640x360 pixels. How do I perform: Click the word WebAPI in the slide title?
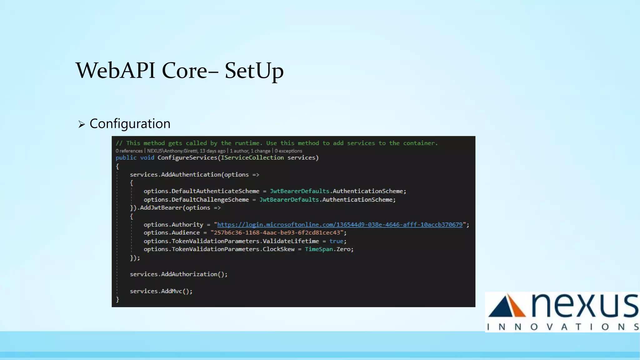pos(115,71)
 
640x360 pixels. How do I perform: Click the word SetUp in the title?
pos(254,71)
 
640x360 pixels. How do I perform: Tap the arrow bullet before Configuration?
pos(82,125)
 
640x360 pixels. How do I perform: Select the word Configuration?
pos(130,124)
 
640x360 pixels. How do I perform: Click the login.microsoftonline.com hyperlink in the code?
pos(340,225)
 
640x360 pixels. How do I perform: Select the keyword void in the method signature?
pos(147,158)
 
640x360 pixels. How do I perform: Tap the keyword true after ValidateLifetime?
pos(336,241)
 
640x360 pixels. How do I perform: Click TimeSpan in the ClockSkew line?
pos(319,249)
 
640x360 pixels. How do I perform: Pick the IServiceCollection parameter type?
pos(252,158)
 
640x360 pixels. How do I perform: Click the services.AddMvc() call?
pos(161,291)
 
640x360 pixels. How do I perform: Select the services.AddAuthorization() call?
pos(179,274)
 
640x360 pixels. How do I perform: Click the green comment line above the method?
pos(277,143)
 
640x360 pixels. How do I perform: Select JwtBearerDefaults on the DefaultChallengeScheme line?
pos(289,200)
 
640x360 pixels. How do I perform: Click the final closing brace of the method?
pos(117,299)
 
